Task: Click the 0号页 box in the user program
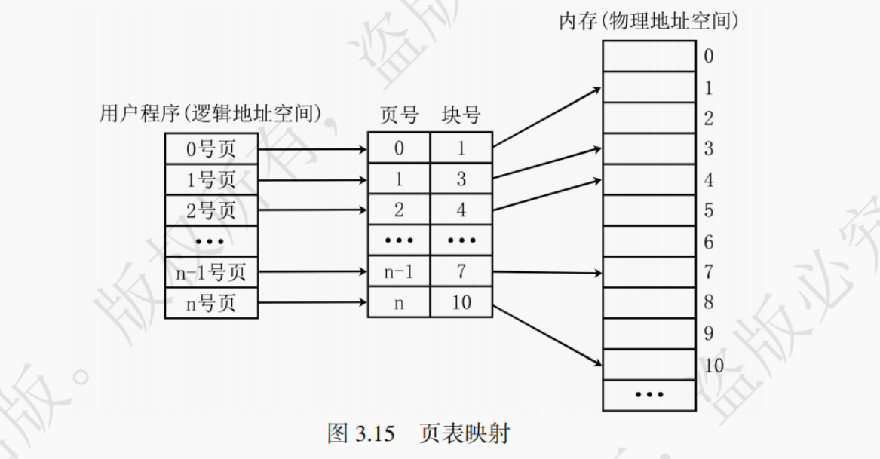211,148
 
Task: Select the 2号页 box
211,210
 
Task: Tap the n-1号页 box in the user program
211,272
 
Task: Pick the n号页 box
211,303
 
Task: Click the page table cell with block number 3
461,179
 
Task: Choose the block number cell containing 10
461,303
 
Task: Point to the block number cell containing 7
461,272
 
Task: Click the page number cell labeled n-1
399,272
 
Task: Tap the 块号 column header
461,115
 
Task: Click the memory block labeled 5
649,210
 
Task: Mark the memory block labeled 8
649,303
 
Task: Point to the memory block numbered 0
649,56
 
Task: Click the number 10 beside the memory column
713,366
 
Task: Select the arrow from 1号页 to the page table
312,180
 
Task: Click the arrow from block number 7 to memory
547,273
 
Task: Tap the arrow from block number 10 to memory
547,335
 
